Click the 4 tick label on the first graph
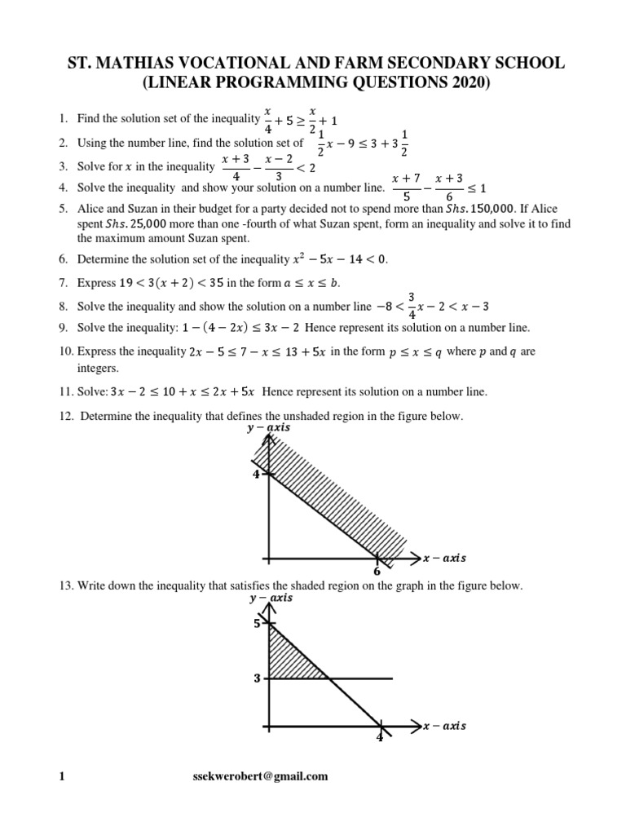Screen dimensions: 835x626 tap(255, 474)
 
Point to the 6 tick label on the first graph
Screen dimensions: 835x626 tap(377, 571)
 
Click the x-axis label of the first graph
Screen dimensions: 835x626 tap(444, 559)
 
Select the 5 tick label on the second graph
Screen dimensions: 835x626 tap(256, 625)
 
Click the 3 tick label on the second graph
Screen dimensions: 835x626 tap(256, 678)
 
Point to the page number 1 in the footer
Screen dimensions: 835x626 tap(61, 776)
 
